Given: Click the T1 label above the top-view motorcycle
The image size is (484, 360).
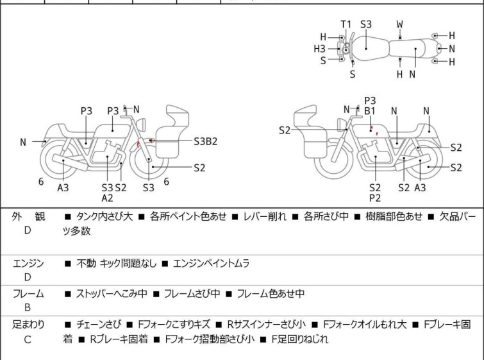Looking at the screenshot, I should coord(346,24).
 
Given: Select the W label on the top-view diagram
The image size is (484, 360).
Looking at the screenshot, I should coord(400,24).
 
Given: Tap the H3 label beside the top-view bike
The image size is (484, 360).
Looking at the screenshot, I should coord(319,48).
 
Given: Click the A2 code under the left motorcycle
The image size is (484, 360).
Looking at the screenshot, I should coord(108,198).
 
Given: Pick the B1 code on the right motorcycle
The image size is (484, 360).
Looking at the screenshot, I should coord(370,110).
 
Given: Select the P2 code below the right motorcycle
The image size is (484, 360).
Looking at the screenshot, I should coord(375,198).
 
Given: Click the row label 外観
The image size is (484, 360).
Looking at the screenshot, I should coord(28,217).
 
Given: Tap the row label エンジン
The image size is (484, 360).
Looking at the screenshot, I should coord(28,263).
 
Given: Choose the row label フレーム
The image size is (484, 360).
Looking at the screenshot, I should coord(28,294).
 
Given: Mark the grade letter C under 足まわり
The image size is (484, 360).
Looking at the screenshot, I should coord(28,339).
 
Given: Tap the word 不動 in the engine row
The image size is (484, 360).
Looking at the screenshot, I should coord(87,263).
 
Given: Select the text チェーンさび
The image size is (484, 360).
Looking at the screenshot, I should coord(97,325).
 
